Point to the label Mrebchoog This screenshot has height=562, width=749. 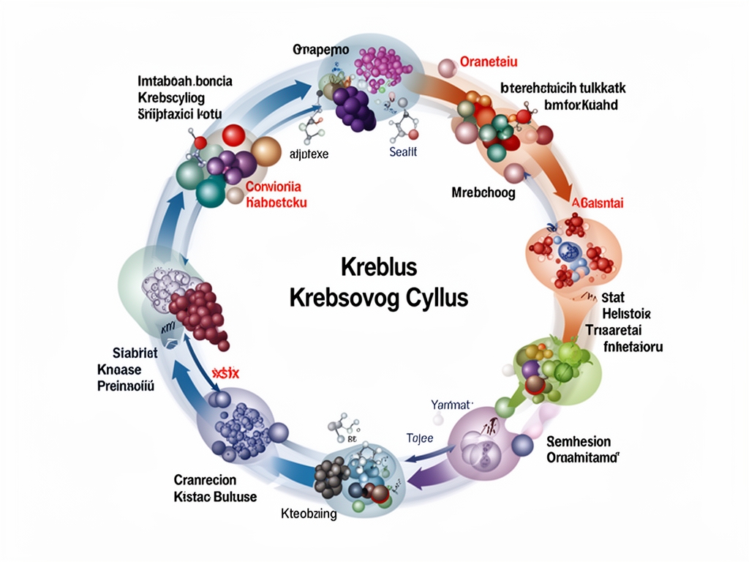(483, 193)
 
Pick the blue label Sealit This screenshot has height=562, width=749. (403, 152)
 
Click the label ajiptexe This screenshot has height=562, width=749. (309, 154)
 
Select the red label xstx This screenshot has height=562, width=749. (226, 373)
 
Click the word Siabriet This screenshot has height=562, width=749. (129, 353)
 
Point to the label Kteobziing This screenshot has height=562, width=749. (309, 514)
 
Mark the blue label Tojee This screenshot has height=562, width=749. (420, 438)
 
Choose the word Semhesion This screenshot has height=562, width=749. (579, 441)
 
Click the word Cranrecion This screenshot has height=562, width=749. (206, 480)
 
